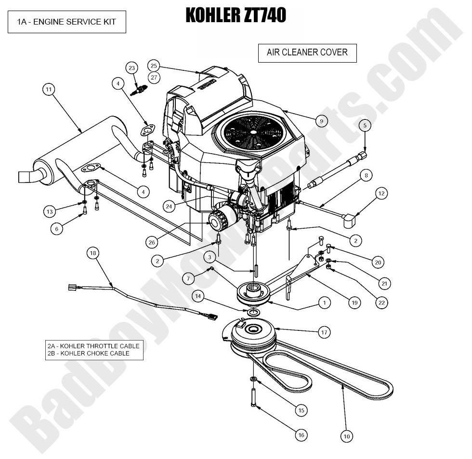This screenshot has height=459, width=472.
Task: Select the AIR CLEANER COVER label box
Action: pyautogui.click(x=307, y=52)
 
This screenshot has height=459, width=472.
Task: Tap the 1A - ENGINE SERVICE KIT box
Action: pyautogui.click(x=66, y=22)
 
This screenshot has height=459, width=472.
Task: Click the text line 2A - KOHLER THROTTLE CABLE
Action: pyautogui.click(x=93, y=346)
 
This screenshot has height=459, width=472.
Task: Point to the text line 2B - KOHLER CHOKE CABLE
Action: pyautogui.click(x=89, y=353)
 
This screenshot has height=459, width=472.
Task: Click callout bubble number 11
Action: pyautogui.click(x=49, y=89)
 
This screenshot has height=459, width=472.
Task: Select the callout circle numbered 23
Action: pyautogui.click(x=132, y=68)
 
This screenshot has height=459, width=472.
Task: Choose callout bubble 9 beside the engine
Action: pyautogui.click(x=321, y=120)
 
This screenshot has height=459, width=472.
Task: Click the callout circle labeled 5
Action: pyautogui.click(x=365, y=126)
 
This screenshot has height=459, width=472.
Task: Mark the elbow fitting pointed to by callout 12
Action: pyautogui.click(x=350, y=221)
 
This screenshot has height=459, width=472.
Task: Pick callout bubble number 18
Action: pyautogui.click(x=93, y=253)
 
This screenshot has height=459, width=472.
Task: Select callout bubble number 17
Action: pyautogui.click(x=324, y=332)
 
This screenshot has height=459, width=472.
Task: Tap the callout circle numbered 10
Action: pyautogui.click(x=346, y=436)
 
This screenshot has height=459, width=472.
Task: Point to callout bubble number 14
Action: pyautogui.click(x=197, y=295)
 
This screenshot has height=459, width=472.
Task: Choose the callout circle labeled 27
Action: pyautogui.click(x=154, y=77)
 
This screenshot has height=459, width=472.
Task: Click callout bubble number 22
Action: pyautogui.click(x=382, y=302)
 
